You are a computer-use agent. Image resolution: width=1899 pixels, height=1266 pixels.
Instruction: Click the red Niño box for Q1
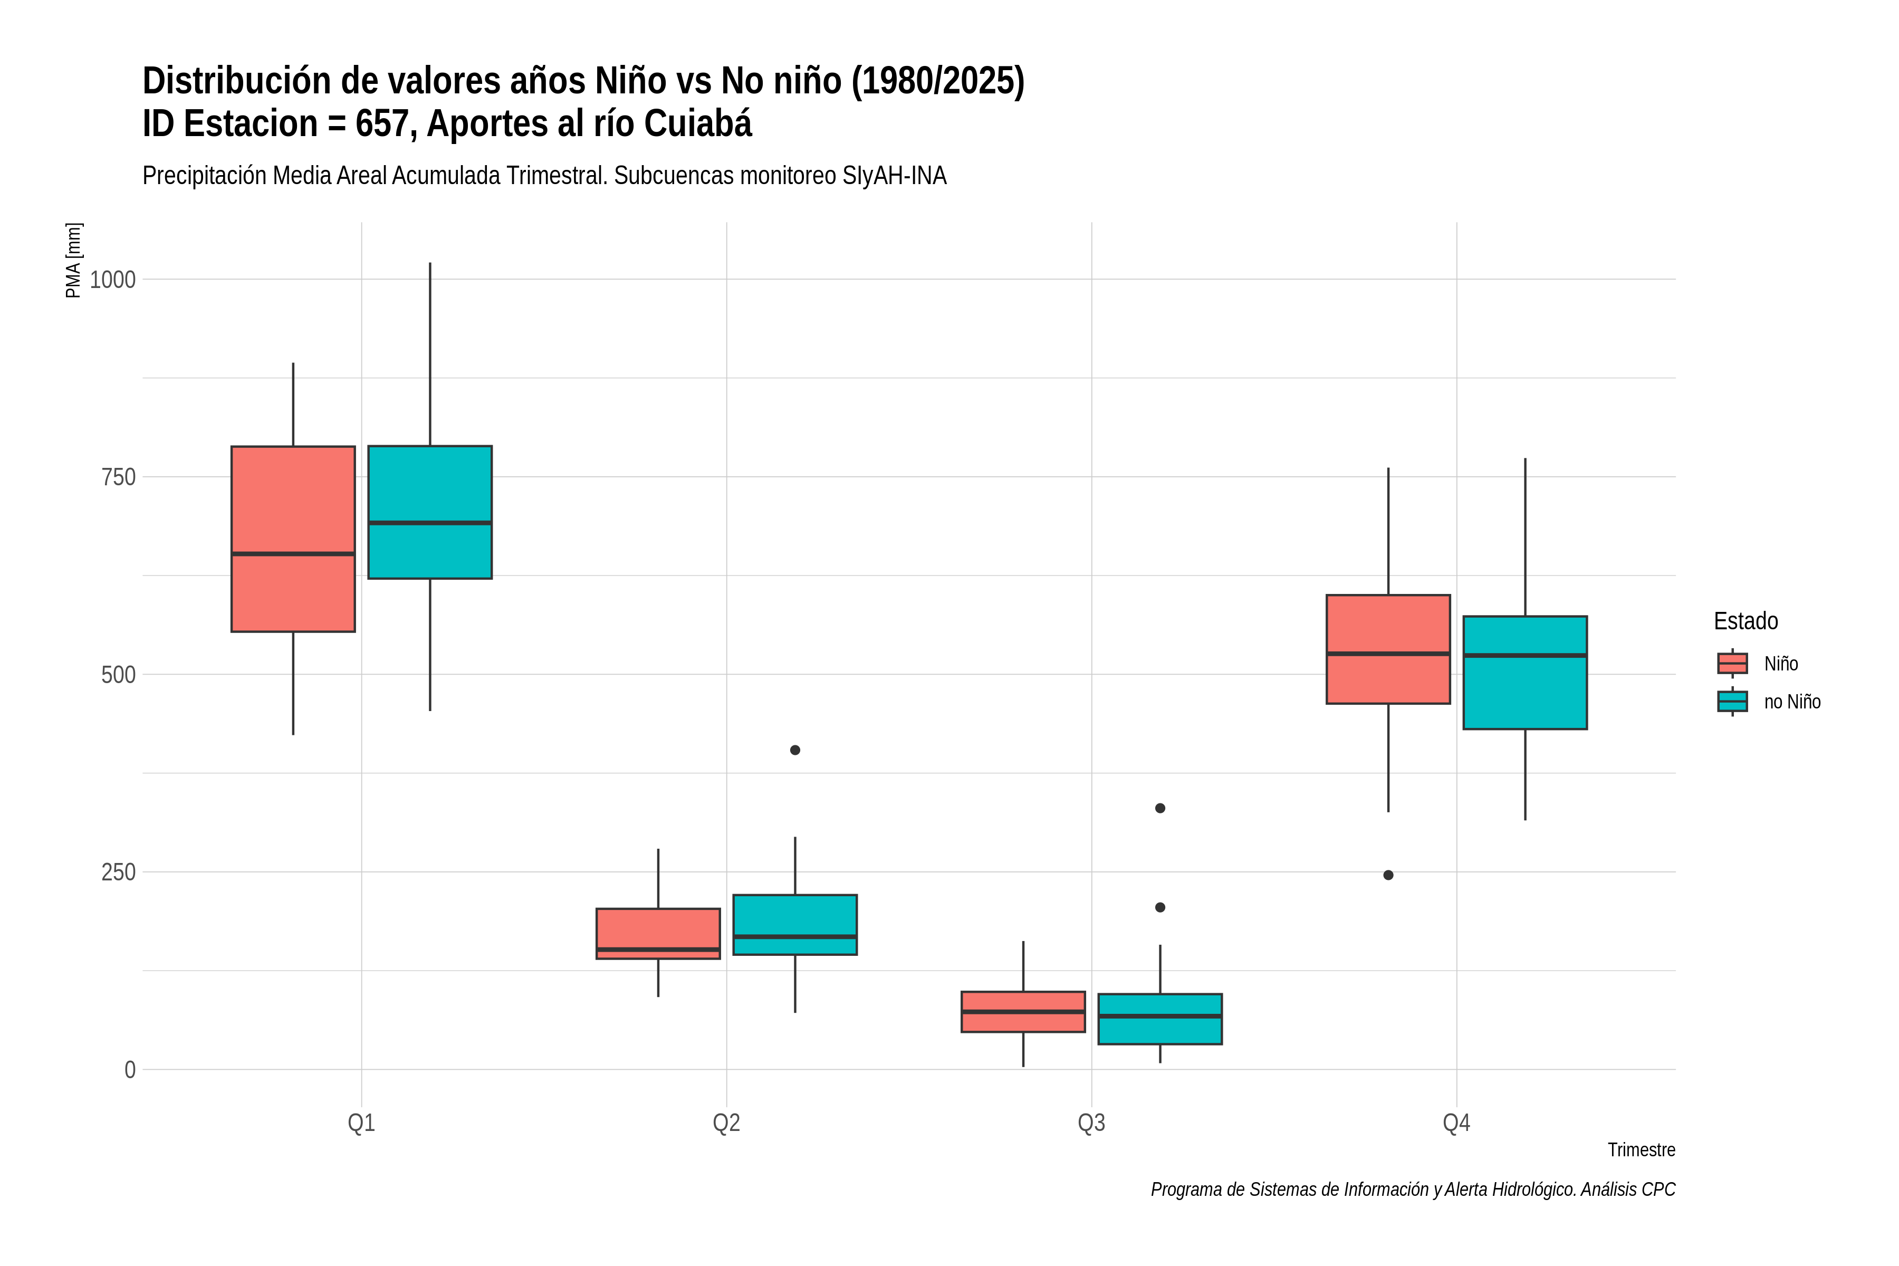tap(293, 539)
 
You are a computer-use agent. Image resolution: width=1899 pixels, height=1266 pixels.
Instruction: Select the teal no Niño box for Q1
tap(429, 512)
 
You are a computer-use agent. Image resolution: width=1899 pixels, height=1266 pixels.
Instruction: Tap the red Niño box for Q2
tap(658, 933)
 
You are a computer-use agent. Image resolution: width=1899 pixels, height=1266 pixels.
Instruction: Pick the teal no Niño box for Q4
tap(1525, 673)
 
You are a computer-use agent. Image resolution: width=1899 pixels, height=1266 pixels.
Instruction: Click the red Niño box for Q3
tap(1023, 1012)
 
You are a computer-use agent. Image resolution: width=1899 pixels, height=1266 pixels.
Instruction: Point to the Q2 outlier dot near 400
tap(795, 750)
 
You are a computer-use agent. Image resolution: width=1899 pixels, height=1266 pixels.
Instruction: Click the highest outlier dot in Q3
tap(1160, 808)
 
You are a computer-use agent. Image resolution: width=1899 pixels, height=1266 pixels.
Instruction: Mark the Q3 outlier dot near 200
tap(1160, 907)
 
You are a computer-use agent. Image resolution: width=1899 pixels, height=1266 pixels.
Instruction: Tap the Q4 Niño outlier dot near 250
tap(1389, 875)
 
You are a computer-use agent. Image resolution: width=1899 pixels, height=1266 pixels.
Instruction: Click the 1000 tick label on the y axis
tap(112, 280)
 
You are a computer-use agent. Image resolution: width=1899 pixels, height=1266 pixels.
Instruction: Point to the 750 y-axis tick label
tap(119, 477)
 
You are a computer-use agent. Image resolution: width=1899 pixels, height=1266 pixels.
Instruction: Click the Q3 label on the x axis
tap(1091, 1123)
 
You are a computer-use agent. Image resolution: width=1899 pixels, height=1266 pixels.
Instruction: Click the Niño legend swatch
tap(1733, 664)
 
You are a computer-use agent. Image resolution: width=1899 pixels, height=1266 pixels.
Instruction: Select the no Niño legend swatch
tap(1733, 702)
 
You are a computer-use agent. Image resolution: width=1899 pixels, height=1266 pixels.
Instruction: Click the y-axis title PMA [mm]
tap(73, 260)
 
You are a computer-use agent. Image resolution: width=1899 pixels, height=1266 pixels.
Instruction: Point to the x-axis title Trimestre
tap(1642, 1150)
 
